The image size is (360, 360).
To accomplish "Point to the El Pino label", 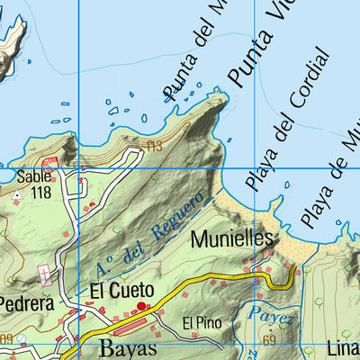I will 200,322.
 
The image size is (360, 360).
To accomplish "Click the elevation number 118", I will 40,192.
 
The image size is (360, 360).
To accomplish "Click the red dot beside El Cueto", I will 140,307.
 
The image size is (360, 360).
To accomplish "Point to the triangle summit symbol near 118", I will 17,193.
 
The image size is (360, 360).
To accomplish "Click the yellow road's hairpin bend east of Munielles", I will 293,274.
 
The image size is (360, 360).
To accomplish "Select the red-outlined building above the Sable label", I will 49,163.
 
